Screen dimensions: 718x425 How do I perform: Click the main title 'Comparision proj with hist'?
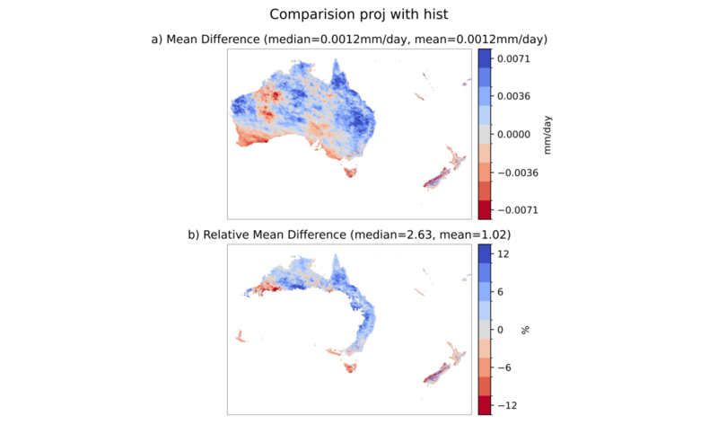point(358,14)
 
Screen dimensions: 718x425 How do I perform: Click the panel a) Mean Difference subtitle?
point(349,40)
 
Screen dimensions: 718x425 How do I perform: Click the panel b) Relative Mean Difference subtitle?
point(349,235)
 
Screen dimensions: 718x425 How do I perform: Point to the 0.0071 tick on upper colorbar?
point(513,58)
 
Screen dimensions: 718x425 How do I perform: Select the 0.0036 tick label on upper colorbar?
point(513,96)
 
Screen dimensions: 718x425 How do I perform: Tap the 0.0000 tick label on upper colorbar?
point(513,135)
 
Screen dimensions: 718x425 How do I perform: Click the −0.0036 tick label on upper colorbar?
point(518,173)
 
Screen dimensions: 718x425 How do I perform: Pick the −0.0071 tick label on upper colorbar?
point(518,210)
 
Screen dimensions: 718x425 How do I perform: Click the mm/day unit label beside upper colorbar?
point(547,135)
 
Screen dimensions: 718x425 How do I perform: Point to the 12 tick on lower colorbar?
point(503,254)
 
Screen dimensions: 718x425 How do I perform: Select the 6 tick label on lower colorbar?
point(501,292)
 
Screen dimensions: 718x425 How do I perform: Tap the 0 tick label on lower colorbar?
point(501,330)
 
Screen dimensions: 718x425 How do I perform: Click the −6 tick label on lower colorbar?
point(504,367)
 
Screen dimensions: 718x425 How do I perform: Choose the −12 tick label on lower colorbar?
point(507,406)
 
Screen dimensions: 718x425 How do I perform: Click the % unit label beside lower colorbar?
point(525,330)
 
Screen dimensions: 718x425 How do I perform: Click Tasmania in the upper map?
point(350,173)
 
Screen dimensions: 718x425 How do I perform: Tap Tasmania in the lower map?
point(350,367)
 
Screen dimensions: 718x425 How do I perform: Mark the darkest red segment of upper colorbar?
point(485,209)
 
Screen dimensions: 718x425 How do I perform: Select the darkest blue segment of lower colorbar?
point(485,254)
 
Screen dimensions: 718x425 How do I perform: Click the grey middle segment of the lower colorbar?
point(485,330)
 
